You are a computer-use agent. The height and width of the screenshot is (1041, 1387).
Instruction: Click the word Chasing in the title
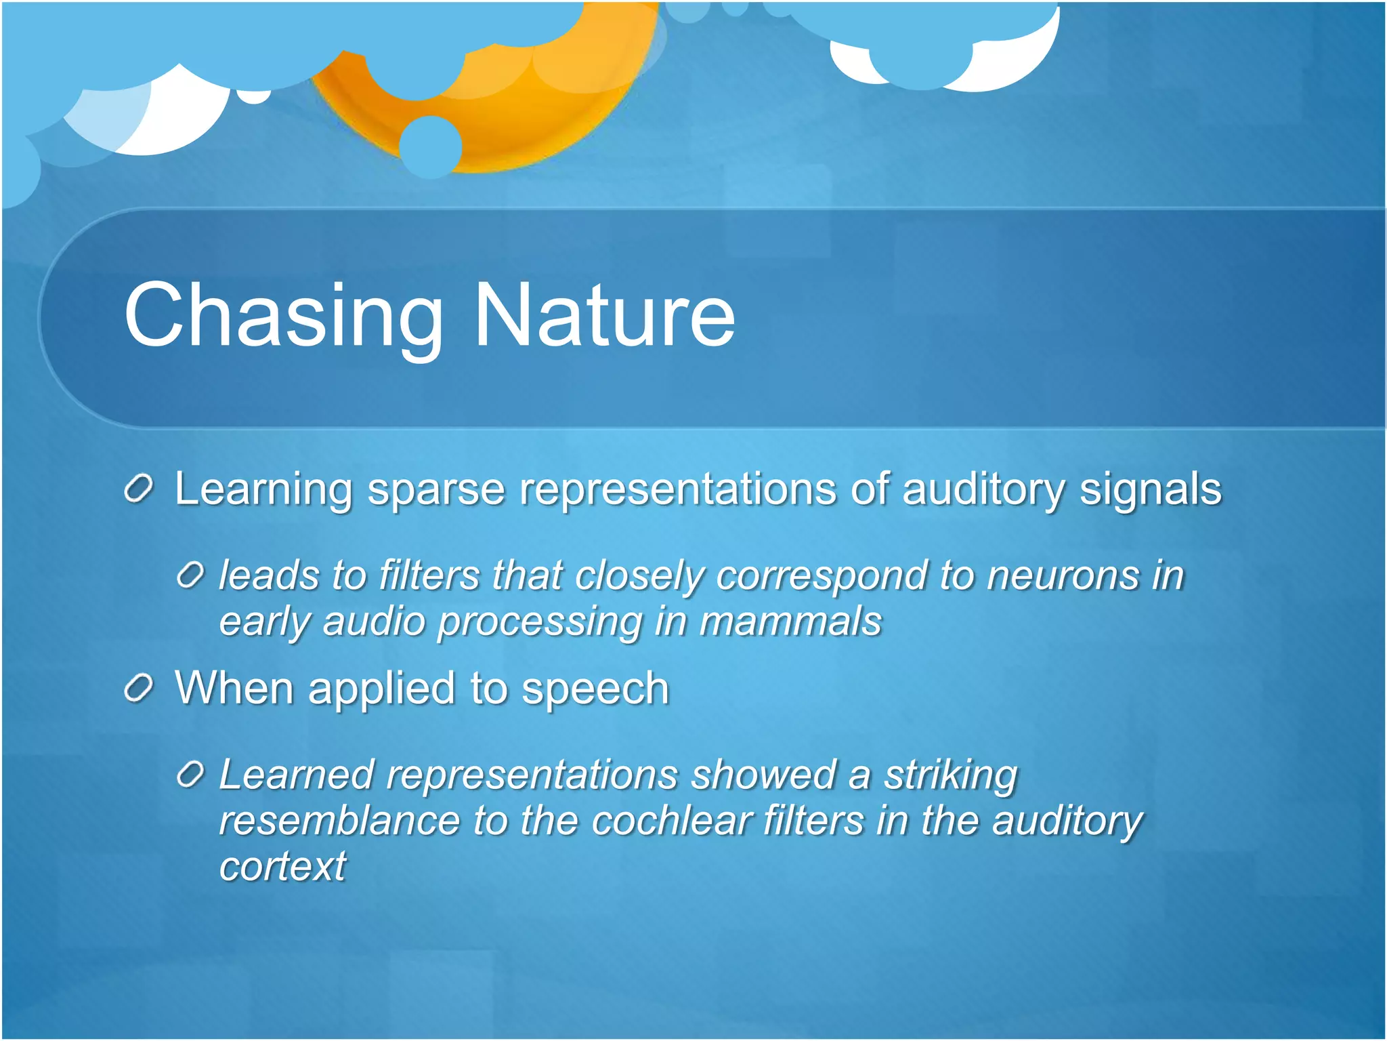coord(283,316)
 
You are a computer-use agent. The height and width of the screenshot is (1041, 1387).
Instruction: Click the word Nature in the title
coord(604,316)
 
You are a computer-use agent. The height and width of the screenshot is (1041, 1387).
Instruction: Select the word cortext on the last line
coord(282,867)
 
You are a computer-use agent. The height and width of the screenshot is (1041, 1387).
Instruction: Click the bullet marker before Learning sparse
coord(140,489)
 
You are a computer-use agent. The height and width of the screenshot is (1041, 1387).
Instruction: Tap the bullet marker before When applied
coord(140,689)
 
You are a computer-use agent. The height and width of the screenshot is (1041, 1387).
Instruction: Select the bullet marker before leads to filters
coord(190,576)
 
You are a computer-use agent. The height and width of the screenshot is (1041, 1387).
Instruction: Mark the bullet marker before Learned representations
coord(190,775)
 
